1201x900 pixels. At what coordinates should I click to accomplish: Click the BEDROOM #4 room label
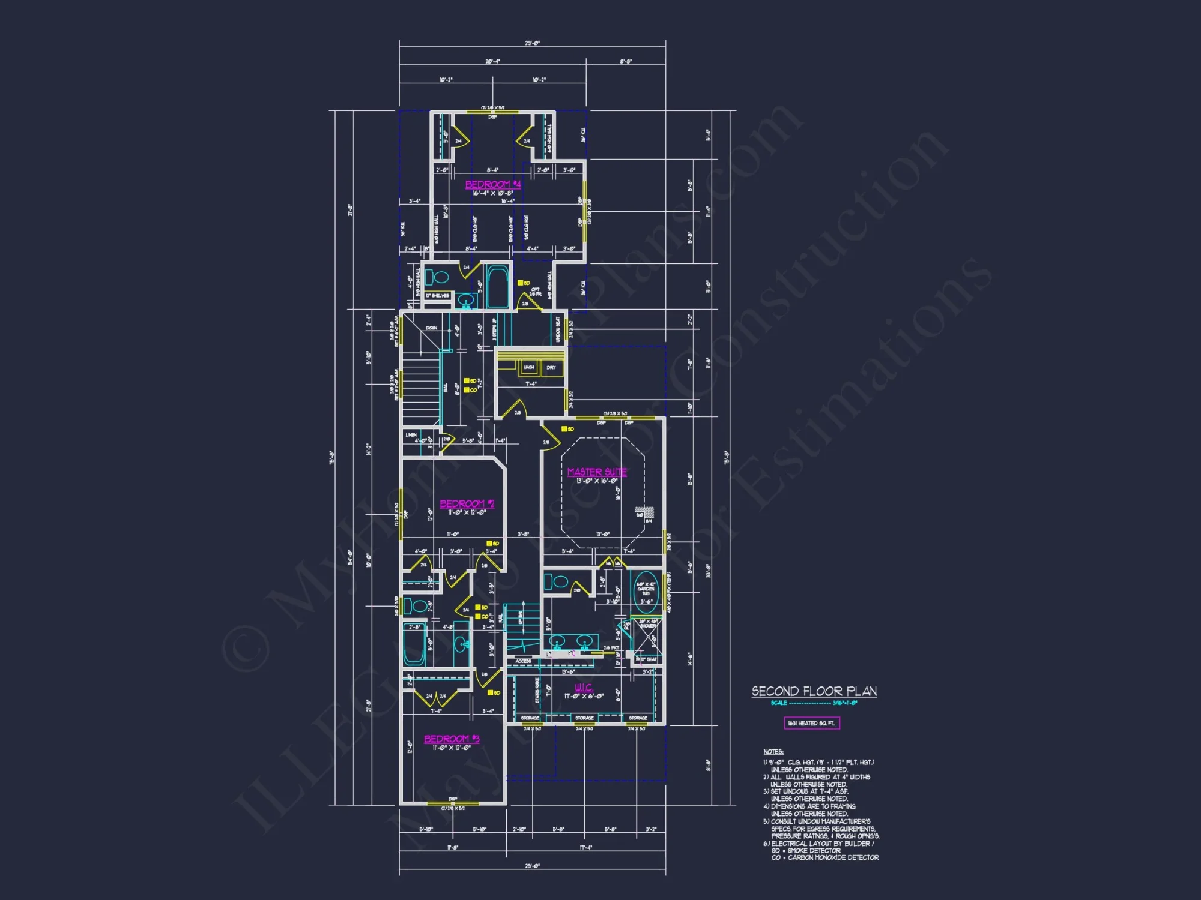coord(493,184)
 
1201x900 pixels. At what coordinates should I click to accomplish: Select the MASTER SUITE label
coord(597,472)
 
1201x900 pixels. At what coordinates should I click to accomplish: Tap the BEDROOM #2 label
coord(467,503)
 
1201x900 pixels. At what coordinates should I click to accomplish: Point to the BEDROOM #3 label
coord(452,739)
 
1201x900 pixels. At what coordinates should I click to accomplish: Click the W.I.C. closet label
coord(583,688)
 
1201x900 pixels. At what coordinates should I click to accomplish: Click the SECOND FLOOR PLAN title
coord(814,691)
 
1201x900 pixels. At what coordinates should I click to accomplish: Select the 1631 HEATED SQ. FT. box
coord(811,723)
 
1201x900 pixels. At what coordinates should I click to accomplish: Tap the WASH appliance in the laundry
coord(528,367)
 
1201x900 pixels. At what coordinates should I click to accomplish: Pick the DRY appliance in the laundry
coord(551,367)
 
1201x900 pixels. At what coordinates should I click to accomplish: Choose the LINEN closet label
coord(411,434)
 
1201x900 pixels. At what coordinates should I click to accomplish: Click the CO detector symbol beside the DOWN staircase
coord(466,390)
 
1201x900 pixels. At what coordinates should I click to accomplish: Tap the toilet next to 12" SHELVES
coord(440,278)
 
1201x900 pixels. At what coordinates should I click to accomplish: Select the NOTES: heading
coord(773,752)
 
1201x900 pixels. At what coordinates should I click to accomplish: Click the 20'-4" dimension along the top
coord(492,61)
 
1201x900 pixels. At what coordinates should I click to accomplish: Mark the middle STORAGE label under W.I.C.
coord(584,718)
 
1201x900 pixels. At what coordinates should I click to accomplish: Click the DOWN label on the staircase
coord(431,328)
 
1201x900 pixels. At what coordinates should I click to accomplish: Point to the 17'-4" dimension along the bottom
coord(585,847)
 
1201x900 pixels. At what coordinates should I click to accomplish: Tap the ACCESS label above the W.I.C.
coord(523,661)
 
